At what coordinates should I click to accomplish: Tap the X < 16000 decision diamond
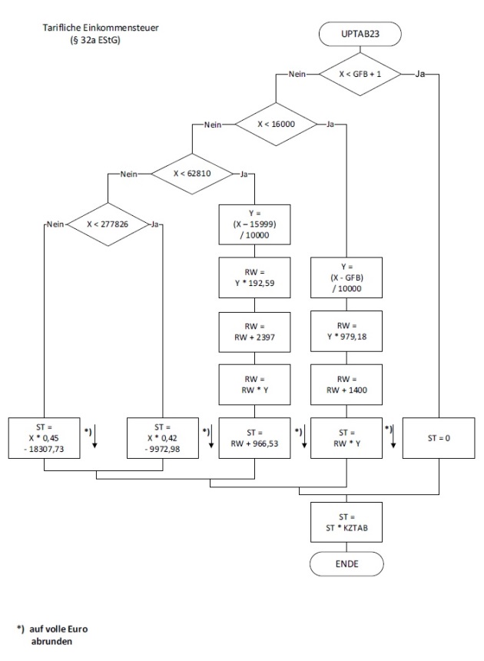pyautogui.click(x=274, y=124)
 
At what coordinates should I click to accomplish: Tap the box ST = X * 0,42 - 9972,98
pyautogui.click(x=161, y=438)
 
